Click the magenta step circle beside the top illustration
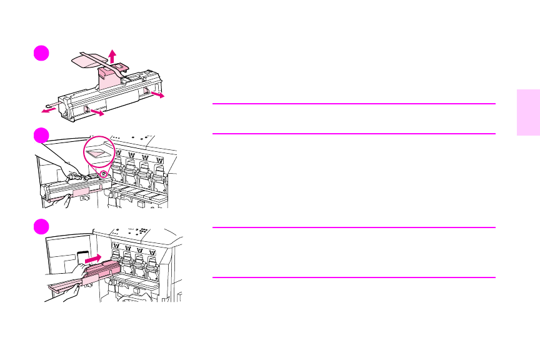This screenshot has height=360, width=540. (x=41, y=54)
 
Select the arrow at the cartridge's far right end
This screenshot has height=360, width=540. (x=159, y=96)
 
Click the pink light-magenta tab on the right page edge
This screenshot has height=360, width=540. (x=528, y=112)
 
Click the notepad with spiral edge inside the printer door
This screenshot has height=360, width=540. (x=82, y=258)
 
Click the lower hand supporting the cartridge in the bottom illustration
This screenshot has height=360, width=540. (x=69, y=291)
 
